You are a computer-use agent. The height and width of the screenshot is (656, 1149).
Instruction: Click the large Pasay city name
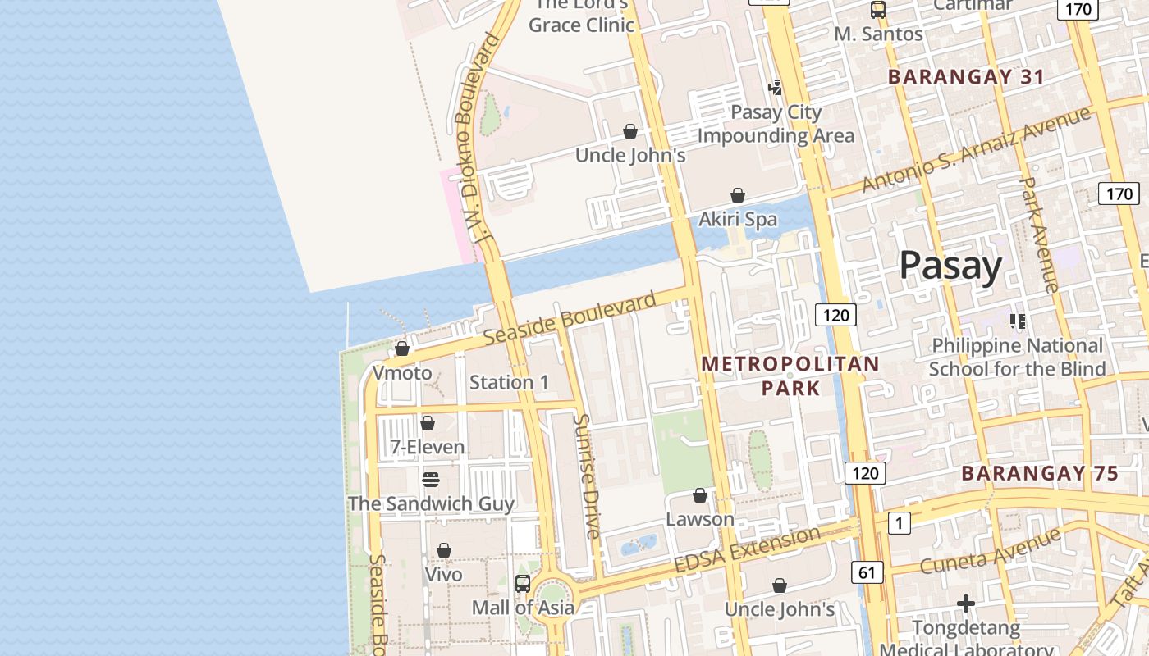click(x=950, y=266)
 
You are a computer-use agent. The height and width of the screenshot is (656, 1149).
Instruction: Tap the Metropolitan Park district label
click(x=790, y=376)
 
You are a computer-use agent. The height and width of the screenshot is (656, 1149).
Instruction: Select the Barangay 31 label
click(x=966, y=77)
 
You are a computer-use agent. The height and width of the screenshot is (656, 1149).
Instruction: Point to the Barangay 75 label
click(x=1039, y=473)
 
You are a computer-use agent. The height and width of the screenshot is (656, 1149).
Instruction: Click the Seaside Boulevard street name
click(x=570, y=319)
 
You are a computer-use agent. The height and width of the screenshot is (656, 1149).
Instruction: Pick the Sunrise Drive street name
click(x=587, y=476)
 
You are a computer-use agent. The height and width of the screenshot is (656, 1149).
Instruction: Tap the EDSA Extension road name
click(x=746, y=550)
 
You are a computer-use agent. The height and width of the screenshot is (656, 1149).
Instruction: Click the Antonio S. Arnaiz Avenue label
click(x=977, y=150)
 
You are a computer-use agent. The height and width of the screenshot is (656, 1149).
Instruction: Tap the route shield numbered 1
click(x=899, y=523)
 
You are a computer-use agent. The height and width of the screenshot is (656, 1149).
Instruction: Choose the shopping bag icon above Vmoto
click(x=402, y=349)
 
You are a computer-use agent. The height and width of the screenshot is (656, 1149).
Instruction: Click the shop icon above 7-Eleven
click(x=427, y=423)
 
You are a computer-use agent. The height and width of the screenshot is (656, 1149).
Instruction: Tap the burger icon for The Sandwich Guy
click(x=431, y=480)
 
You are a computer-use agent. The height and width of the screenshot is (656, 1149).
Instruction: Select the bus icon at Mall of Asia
click(x=523, y=584)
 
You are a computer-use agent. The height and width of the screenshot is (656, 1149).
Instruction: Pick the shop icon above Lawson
click(x=700, y=495)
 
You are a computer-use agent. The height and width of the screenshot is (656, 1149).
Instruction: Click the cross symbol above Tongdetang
click(x=966, y=604)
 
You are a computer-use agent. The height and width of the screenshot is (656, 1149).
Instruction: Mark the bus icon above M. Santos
click(x=878, y=10)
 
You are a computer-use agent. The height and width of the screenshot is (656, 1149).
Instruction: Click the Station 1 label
click(x=509, y=382)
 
